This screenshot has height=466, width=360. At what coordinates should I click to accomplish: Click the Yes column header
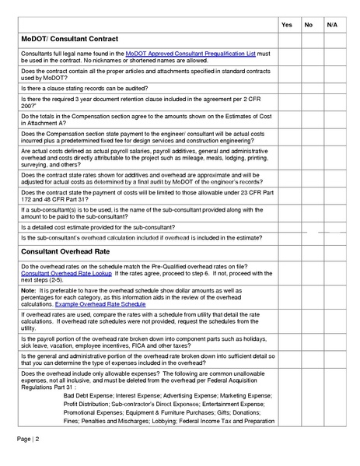point(286,25)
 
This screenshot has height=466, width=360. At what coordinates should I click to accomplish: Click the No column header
point(309,25)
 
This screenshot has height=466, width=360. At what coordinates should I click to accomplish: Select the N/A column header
point(332,25)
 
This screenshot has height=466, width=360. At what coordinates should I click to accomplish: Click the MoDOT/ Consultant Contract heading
point(69,39)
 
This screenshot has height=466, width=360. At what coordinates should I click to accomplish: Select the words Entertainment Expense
point(244,404)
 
